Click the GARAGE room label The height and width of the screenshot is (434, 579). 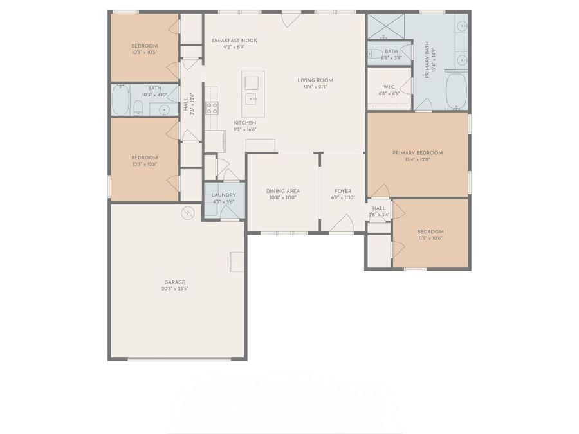point(174,282)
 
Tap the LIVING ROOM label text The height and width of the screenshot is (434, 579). point(315,80)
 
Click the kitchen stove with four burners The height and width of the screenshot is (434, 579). point(212,108)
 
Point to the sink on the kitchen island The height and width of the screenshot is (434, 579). point(252,98)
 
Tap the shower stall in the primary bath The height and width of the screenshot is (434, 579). point(385,26)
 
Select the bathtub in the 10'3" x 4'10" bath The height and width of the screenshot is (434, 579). point(120,100)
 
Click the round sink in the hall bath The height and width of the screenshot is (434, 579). point(165,110)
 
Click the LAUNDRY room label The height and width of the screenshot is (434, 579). point(224,195)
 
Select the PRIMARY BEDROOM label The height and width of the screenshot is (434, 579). point(418,153)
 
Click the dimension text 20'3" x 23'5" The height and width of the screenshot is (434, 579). point(174,289)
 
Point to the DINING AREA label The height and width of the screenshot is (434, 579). point(283,191)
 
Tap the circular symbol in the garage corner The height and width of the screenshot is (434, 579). point(188,213)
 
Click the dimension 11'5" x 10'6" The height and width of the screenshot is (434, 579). point(430,239)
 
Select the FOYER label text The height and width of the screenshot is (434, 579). point(343,191)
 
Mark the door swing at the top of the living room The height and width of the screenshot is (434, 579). point(291,19)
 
